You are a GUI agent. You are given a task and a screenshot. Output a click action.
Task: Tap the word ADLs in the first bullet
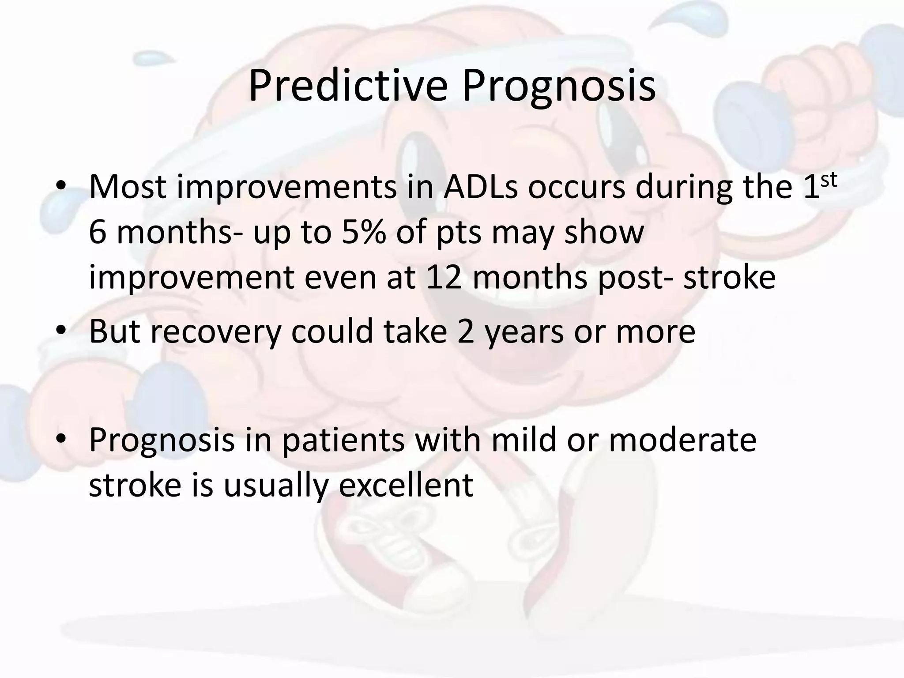[x=480, y=187]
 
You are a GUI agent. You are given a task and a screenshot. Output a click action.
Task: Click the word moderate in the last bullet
[x=682, y=440]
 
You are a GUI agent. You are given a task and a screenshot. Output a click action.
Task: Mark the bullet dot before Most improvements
[x=61, y=187]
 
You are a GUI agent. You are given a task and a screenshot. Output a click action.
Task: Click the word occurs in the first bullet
[x=576, y=187]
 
